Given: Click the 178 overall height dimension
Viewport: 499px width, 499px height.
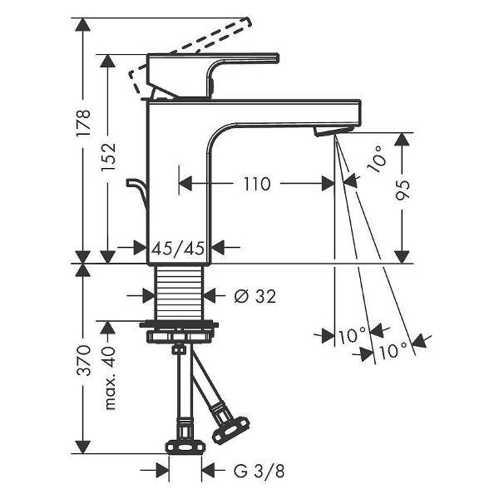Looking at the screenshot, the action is (84, 123).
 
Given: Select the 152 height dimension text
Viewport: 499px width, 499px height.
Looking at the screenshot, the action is (108, 157).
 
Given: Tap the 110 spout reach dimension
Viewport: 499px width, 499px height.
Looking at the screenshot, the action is (257, 184).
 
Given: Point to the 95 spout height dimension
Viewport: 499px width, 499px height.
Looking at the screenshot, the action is (403, 190).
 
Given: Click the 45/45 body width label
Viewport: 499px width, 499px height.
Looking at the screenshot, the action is (178, 248).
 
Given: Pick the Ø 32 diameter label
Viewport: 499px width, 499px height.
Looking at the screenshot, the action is (255, 296).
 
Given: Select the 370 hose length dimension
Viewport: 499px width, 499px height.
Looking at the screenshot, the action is (84, 360).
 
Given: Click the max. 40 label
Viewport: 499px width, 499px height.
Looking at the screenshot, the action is (109, 378).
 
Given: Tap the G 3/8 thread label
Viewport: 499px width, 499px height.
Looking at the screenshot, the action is (259, 471).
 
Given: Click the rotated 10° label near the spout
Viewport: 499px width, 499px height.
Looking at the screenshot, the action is (377, 159).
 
